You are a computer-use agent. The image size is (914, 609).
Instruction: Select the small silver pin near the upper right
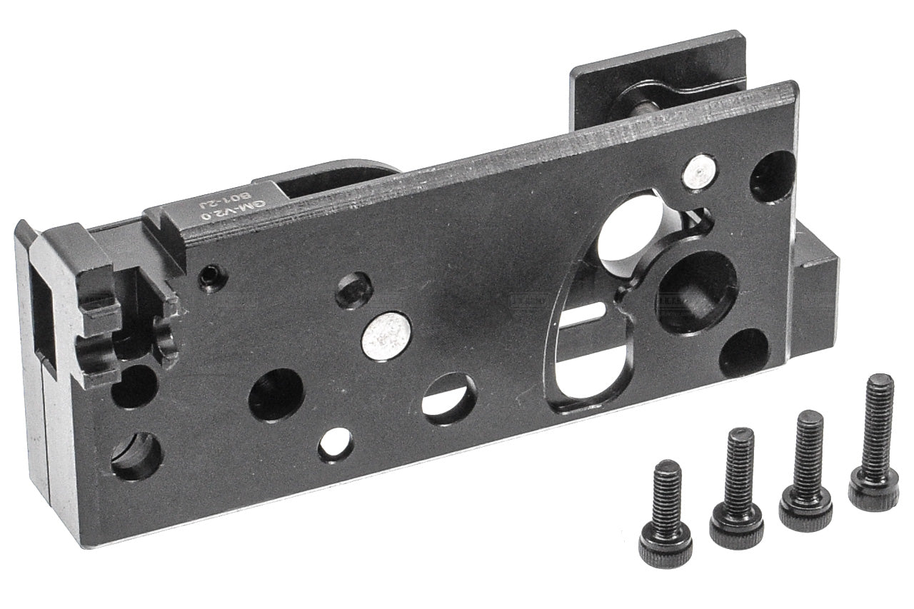pyautogui.click(x=700, y=173)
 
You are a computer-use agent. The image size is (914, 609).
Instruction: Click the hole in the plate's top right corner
pyautogui.click(x=773, y=176)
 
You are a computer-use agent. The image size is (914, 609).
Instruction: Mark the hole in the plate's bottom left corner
pyautogui.click(x=136, y=456)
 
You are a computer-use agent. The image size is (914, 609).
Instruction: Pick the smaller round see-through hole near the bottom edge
pyautogui.click(x=336, y=444)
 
